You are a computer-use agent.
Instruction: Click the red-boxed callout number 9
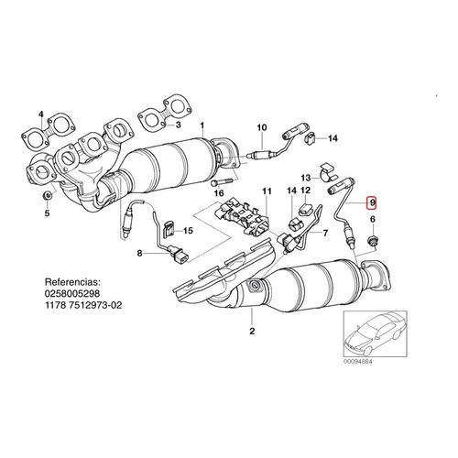pos(372,202)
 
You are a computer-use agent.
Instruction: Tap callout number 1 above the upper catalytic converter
pos(202,125)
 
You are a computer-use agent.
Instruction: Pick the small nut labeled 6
pos(372,240)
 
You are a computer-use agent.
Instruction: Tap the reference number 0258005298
pos(72,293)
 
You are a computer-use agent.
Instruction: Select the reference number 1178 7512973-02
pos(83,305)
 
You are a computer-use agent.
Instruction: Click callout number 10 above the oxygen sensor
pos(262,127)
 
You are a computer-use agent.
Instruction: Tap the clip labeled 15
pos(169,230)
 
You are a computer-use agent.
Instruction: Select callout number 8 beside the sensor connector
pos(139,253)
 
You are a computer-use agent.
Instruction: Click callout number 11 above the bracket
pos(267,191)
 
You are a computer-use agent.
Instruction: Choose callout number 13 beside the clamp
pos(306,178)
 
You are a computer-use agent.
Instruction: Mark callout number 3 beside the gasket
pos(178,125)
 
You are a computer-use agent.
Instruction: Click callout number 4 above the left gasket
pos(41,114)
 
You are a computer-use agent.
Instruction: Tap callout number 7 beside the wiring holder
pos(325,234)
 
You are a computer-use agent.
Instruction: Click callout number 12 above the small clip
pos(305,191)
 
